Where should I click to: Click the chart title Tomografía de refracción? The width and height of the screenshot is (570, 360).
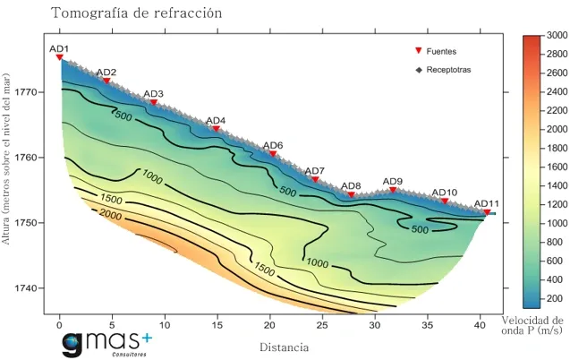136,13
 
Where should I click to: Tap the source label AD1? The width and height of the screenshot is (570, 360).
59,48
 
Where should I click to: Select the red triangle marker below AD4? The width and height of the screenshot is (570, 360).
216,129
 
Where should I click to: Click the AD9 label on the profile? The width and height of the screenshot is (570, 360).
392,181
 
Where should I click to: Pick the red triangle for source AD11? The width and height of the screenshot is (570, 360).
487,212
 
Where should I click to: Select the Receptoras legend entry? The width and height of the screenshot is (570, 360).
448,69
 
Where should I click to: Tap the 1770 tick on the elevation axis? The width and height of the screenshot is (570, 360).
27,92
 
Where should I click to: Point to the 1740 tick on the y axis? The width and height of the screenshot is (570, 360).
27,288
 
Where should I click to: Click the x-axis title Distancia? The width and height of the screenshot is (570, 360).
284,347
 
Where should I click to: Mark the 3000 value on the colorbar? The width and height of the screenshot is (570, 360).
556,35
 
